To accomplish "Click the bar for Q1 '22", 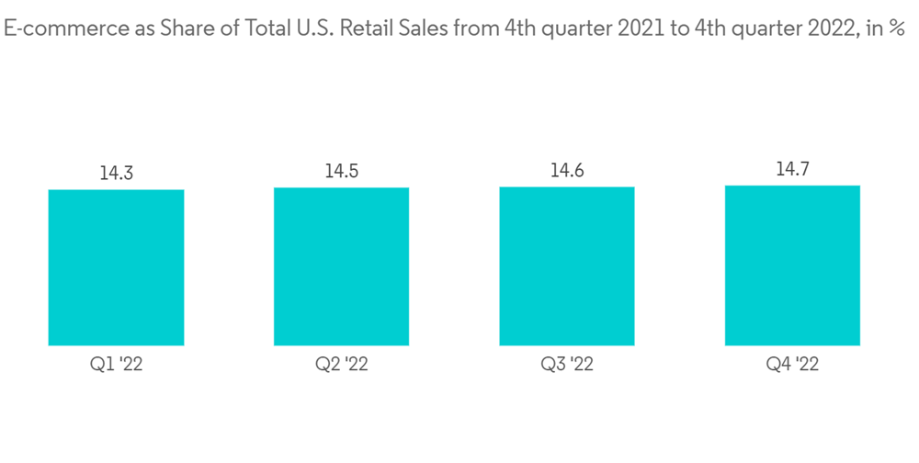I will coord(116,267).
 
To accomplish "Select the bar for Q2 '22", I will coord(341,266).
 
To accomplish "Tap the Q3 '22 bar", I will coord(567,265).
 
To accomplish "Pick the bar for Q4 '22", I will coord(792,265).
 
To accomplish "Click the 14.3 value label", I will coord(116,173).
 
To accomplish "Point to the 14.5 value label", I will coord(341,171).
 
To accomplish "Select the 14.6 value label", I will coord(567,170).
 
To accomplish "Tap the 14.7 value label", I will coord(792,169).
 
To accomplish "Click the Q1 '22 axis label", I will coord(116,365).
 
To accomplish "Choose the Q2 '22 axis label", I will coord(341,365).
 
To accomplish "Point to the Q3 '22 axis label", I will coord(567,365).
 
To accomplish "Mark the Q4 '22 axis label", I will coord(792,365).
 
